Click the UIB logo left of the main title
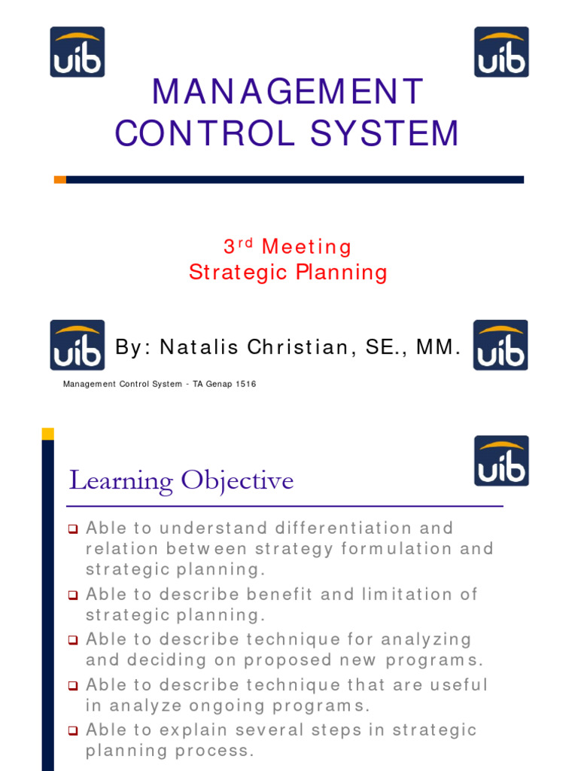(x=78, y=52)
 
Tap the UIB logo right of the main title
(x=501, y=52)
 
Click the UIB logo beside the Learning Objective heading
(x=501, y=461)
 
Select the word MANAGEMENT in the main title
(x=288, y=93)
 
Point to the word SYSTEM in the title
(x=385, y=134)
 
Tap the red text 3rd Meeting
(x=287, y=247)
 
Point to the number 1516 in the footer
(x=245, y=384)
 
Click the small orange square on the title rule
(x=60, y=179)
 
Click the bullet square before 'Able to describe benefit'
(x=73, y=595)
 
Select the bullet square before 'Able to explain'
(x=73, y=730)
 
